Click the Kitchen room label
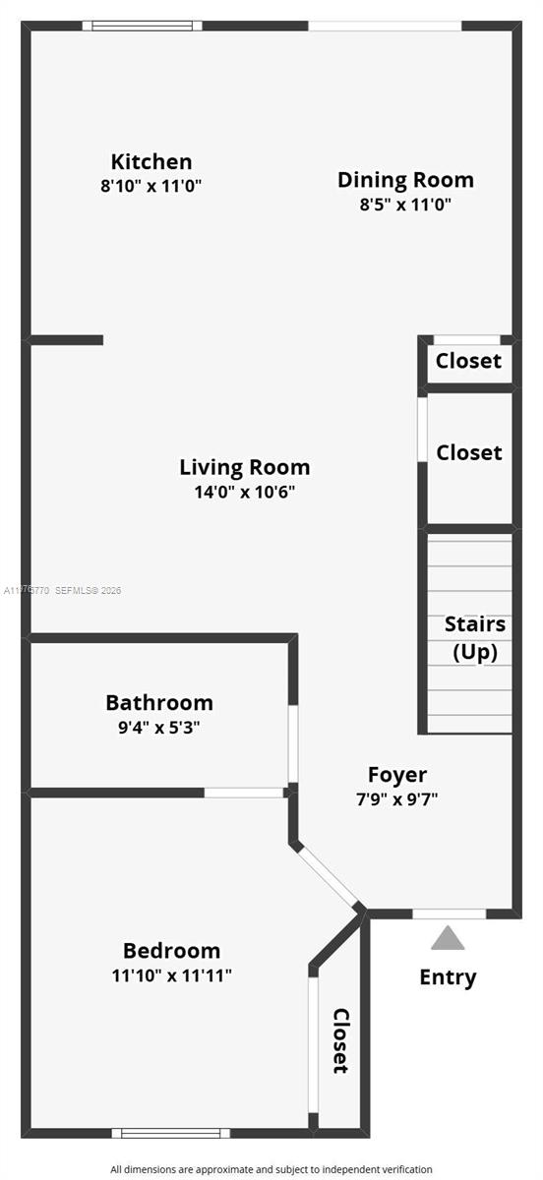tap(151, 161)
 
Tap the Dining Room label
tap(405, 180)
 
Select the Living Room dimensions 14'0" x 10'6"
tap(244, 492)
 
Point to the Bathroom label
tap(159, 703)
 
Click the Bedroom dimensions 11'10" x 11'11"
tap(171, 975)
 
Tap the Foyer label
tap(396, 775)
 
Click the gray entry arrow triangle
tap(448, 939)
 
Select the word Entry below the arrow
tap(448, 977)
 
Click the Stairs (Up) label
tap(475, 637)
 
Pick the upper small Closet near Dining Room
tap(468, 361)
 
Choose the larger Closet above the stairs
tap(469, 452)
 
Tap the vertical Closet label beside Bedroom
tap(340, 1040)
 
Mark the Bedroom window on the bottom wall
tap(170, 1133)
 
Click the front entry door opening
tap(449, 914)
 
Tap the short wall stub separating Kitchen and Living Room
tap(67, 340)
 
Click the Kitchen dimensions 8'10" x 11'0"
tap(151, 185)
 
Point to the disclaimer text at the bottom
tap(271, 1169)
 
